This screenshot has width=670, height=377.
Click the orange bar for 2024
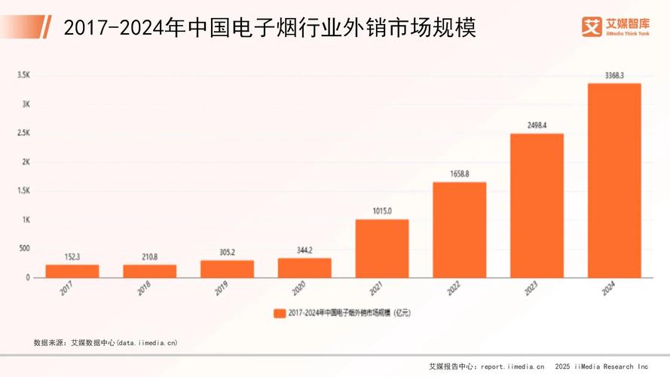tap(614, 180)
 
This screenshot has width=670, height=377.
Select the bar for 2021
tap(382, 248)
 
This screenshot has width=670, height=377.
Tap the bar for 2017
tap(72, 271)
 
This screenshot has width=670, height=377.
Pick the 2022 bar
tap(459, 230)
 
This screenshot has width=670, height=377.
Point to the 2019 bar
tap(227, 268)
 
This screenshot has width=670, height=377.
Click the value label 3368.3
tap(614, 75)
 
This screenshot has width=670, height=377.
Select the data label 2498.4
tap(537, 125)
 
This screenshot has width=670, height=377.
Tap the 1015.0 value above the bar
tap(382, 211)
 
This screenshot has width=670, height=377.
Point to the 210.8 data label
tap(149, 256)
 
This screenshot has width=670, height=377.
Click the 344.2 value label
tap(304, 250)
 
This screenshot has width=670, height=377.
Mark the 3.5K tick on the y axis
tap(23, 75)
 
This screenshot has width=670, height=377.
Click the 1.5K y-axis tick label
tap(23, 191)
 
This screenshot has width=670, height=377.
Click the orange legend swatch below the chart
tap(278, 312)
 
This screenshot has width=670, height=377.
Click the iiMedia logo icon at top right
tap(592, 27)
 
